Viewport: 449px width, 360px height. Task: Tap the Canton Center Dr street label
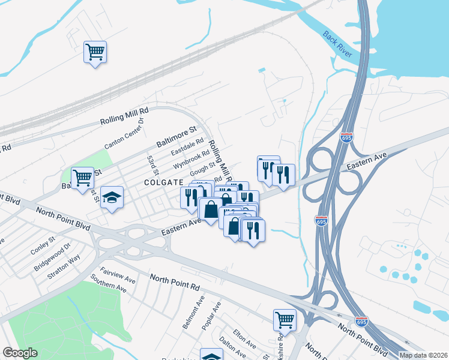pyautogui.click(x=125, y=134)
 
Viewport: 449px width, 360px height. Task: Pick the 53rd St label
pyautogui.click(x=151, y=161)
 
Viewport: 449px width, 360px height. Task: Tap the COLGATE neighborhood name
pyautogui.click(x=162, y=182)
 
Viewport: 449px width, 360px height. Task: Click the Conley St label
pyautogui.click(x=43, y=242)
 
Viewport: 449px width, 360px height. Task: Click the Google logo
pyautogui.click(x=19, y=353)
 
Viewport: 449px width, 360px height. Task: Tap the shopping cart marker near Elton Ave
pyautogui.click(x=285, y=320)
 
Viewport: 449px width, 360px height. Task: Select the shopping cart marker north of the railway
pyautogui.click(x=95, y=52)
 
